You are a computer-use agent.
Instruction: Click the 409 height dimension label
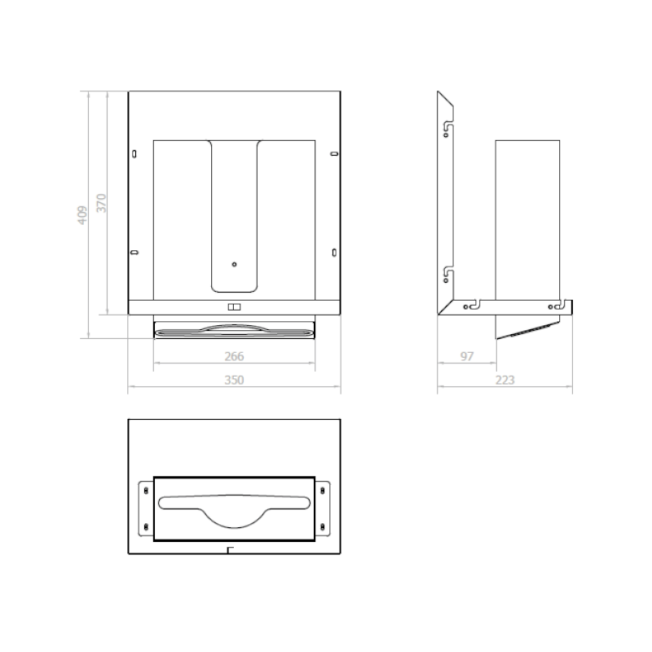tap(82, 215)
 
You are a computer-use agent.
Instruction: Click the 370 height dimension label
tap(101, 203)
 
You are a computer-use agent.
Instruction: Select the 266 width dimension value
tap(234, 356)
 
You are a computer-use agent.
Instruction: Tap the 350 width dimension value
tap(234, 380)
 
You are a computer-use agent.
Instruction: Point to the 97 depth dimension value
tap(466, 356)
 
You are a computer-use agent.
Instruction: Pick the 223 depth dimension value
tap(504, 380)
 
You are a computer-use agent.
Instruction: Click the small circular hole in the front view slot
tap(234, 264)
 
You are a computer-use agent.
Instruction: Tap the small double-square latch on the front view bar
tap(234, 307)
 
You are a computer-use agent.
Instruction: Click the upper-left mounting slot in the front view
tap(134, 154)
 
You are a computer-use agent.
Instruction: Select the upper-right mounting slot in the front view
tap(334, 154)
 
